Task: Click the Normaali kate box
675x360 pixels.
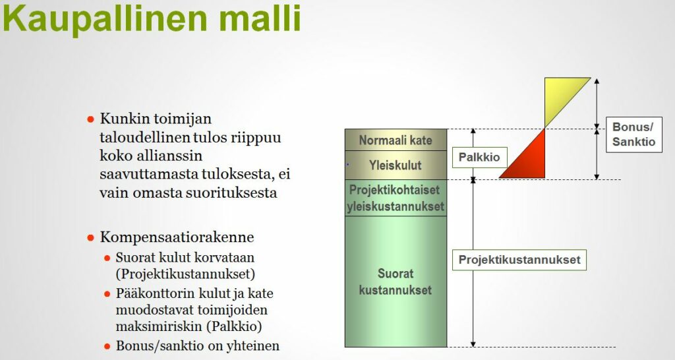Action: [x=396, y=140]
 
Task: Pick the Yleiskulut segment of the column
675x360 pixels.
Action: [x=396, y=165]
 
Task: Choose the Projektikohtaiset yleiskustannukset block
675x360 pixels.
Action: [x=396, y=198]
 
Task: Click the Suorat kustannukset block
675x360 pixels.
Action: [x=396, y=282]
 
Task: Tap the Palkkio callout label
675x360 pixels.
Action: [x=479, y=157]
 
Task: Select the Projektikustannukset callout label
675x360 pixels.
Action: [x=519, y=260]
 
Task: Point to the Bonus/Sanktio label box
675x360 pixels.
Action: [x=633, y=135]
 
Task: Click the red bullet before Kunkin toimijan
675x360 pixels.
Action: [x=90, y=119]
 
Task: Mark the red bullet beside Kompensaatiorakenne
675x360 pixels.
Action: [x=90, y=238]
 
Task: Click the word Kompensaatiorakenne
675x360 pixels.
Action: [x=177, y=237]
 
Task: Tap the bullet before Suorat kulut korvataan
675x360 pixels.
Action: [x=107, y=258]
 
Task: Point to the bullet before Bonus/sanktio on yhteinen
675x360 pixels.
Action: [x=107, y=346]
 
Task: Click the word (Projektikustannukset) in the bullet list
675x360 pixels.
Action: [x=185, y=274]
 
